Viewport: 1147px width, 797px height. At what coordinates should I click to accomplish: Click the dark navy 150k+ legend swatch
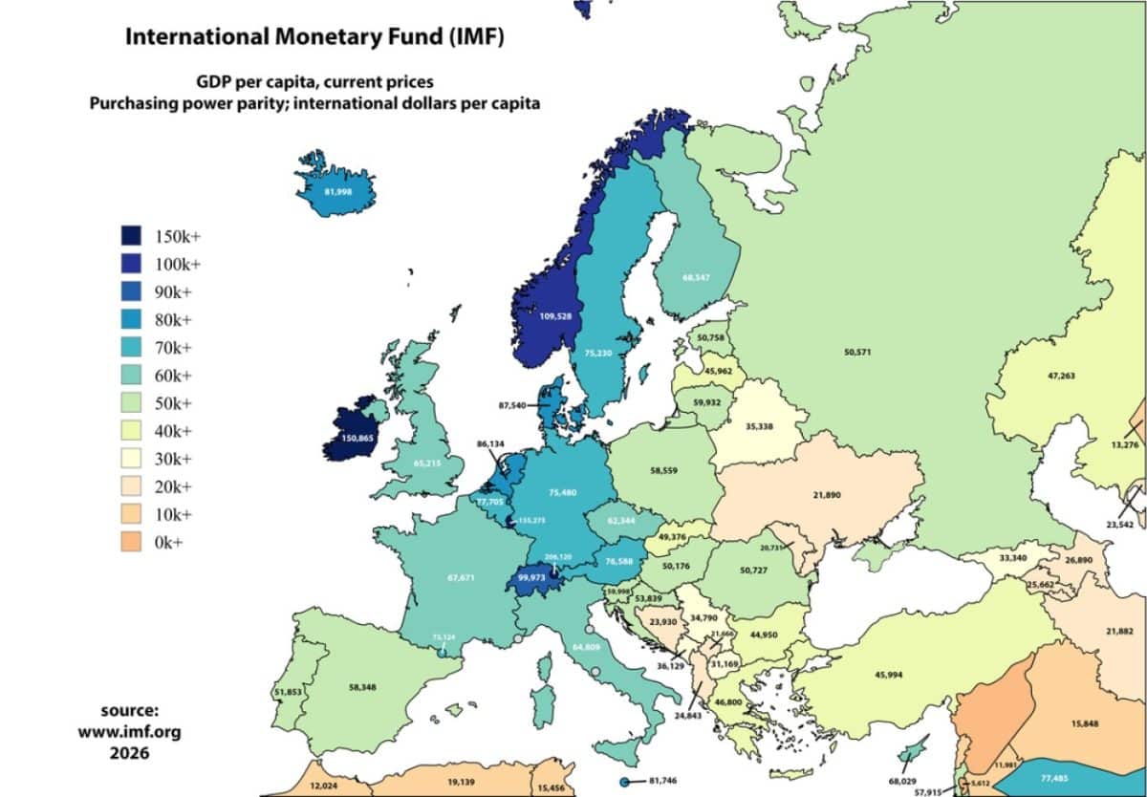click(x=131, y=236)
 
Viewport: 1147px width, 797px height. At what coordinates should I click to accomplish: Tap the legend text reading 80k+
click(x=173, y=320)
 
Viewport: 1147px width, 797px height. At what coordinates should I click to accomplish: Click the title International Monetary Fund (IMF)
click(x=314, y=38)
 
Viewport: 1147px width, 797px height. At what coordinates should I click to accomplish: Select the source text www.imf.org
click(x=129, y=732)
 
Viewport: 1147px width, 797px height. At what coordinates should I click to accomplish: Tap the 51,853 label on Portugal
click(x=290, y=692)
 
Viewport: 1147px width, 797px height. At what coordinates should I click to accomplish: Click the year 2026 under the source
click(x=129, y=752)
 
